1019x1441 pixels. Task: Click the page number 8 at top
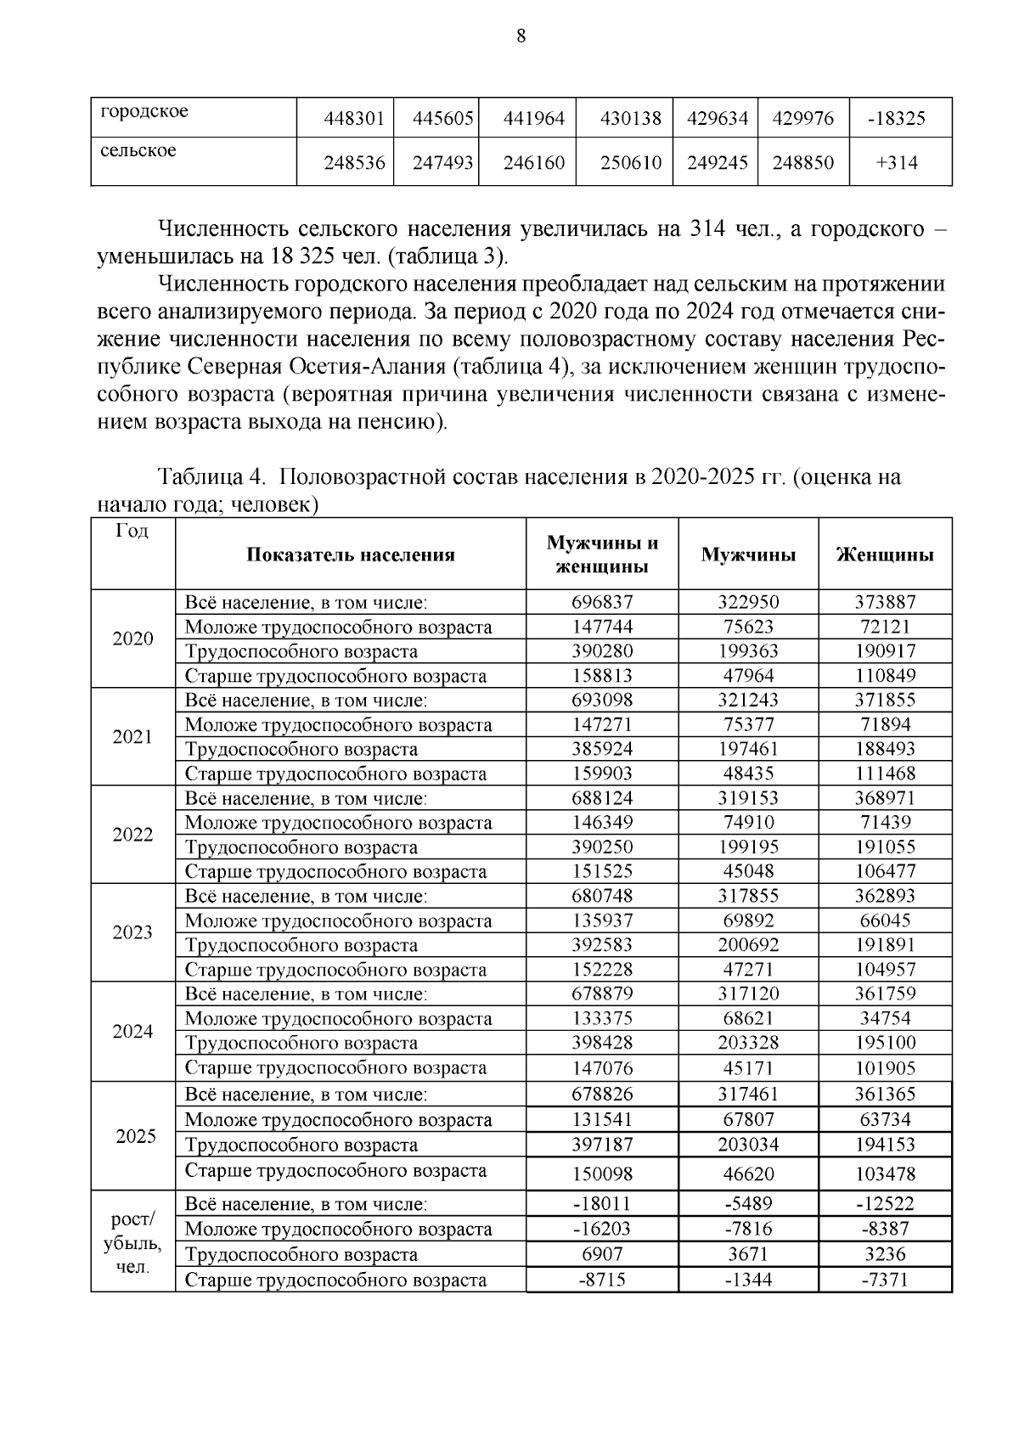521,36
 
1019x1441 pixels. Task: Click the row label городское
144,112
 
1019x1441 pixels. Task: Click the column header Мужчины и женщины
602,554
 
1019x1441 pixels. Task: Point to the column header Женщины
885,555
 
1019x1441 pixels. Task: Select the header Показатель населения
351,555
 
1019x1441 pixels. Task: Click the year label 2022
132,835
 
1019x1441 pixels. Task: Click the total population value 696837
602,603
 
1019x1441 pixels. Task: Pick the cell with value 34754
885,1019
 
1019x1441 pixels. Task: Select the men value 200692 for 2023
747,945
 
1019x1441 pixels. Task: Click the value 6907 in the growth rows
602,1254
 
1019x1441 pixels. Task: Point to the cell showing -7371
885,1280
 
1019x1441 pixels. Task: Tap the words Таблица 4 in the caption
208,477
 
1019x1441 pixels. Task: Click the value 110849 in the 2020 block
885,677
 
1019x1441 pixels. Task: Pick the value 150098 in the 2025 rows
602,1174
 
